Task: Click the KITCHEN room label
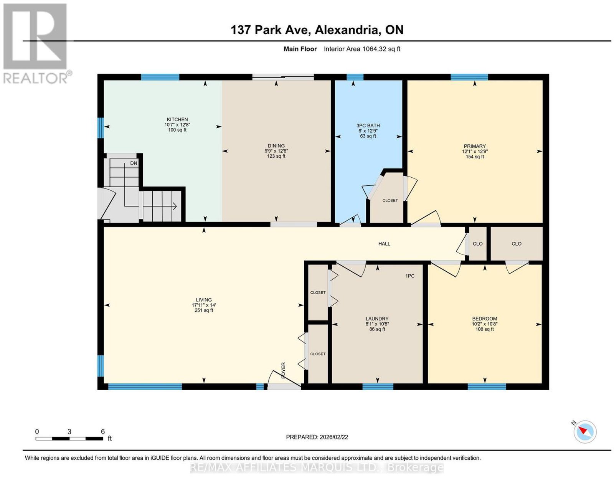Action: [177, 119]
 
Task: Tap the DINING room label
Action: [276, 146]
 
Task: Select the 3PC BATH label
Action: [368, 125]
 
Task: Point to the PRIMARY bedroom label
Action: [475, 146]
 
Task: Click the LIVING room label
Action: [204, 300]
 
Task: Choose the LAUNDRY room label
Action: [377, 319]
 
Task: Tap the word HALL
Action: [384, 244]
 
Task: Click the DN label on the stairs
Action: [134, 163]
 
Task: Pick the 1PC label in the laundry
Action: [410, 276]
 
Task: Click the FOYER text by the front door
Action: [284, 370]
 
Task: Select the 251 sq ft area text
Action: [204, 310]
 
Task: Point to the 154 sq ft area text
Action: [475, 157]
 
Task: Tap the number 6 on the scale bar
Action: [103, 432]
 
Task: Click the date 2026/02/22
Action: [334, 437]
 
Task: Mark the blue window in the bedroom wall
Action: [487, 386]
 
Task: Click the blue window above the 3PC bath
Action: [355, 77]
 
